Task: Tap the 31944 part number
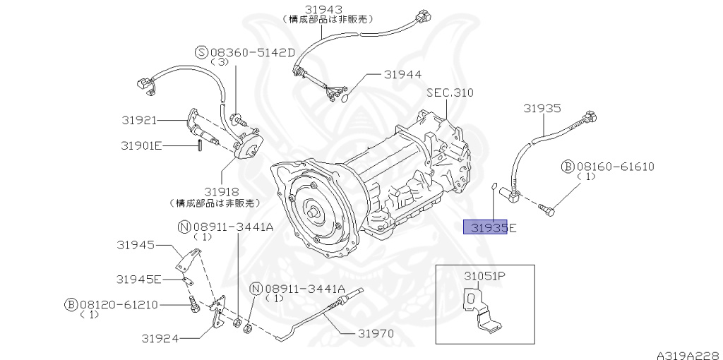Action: tap(402, 74)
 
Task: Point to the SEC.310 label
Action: tap(449, 92)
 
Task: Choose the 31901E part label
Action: tap(141, 145)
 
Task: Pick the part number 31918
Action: tap(221, 192)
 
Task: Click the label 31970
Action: tap(375, 333)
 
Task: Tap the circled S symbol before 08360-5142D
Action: tap(200, 52)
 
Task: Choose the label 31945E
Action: tap(139, 279)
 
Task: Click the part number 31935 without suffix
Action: tap(542, 108)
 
